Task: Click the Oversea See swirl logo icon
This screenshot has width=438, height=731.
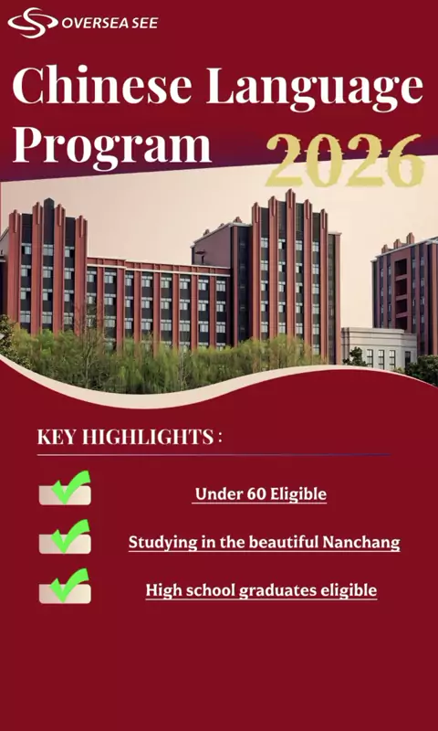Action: pos(33,22)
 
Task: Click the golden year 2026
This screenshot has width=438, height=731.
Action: pos(345,160)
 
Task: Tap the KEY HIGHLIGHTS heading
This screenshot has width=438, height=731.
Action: pos(130,438)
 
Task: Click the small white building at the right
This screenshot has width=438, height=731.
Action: pos(378,348)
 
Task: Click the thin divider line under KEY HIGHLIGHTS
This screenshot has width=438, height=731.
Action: pos(214,454)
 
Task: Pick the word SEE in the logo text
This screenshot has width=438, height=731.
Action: pos(145,24)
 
